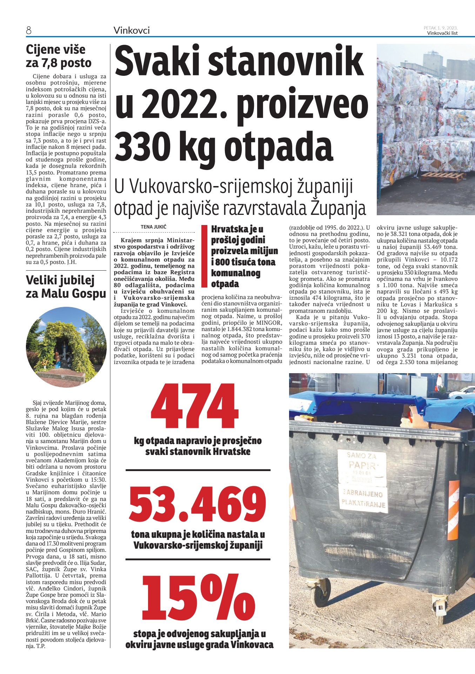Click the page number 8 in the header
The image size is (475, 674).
[x=29, y=31]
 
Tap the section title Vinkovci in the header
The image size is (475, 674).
[x=132, y=31]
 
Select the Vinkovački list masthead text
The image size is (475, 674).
[x=442, y=33]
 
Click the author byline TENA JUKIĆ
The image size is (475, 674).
[x=153, y=227]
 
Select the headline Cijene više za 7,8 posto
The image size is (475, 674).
[x=59, y=56]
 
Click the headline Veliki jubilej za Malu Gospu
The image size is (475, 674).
[x=66, y=287]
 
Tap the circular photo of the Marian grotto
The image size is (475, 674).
[x=66, y=348]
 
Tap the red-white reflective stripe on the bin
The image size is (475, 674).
[x=454, y=505]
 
